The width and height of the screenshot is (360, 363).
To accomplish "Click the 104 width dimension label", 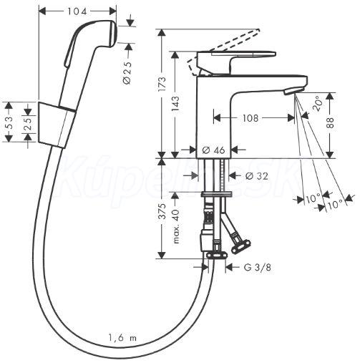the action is coord(77,11).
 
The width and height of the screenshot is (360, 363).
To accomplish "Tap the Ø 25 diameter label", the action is coord(127,73).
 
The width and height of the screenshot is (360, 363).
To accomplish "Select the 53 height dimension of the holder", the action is coord(9,122).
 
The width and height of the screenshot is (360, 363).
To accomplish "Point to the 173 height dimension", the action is coord(162,84).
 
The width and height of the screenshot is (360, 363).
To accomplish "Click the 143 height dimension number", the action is coord(175,103).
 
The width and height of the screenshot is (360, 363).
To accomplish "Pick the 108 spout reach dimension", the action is coord(250,118).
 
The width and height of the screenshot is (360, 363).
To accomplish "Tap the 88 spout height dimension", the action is coord(331,122).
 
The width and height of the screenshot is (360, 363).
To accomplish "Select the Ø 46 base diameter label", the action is coord(213,150).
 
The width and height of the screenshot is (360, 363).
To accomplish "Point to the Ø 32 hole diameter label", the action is coord(256,176).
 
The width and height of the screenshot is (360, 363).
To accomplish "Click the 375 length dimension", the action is coord(162,211).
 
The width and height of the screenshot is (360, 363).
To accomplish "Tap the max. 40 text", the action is coord(176,226).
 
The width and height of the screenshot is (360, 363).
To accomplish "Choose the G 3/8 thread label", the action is coord(257,268).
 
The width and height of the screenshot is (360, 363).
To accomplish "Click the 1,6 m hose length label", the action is coord(122,338).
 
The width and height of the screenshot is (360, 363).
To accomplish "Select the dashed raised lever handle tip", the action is coord(258,30).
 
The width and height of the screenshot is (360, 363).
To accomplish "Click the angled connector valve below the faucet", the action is coord(240,246).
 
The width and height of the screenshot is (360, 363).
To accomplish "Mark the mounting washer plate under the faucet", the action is coord(217,194).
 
